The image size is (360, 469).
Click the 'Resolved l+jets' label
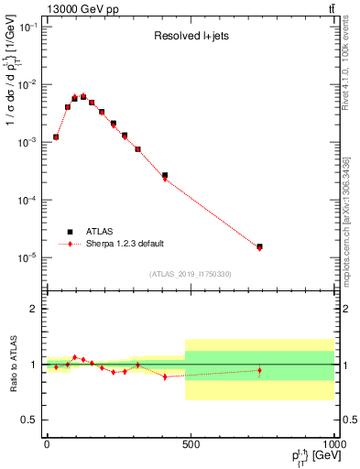[188, 38]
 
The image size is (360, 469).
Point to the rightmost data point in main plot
[260, 246]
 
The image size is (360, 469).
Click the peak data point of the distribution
[83, 96]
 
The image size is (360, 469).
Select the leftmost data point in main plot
[56, 136]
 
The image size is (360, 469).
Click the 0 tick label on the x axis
[47, 444]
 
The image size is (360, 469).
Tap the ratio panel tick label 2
[34, 309]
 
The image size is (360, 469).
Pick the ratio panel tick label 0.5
[30, 420]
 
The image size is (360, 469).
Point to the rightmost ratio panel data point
[260, 371]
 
